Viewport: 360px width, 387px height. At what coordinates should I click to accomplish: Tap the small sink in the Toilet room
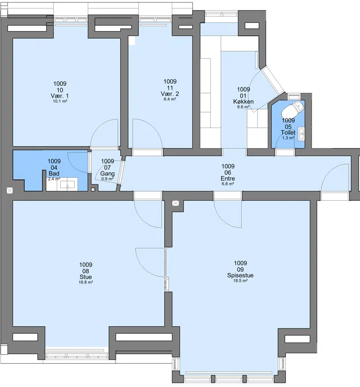point(301,134)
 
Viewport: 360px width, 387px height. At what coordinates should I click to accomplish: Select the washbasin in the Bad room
point(67,184)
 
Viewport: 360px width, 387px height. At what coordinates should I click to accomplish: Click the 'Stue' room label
point(85,277)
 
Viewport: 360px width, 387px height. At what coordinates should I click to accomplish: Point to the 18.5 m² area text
point(240,281)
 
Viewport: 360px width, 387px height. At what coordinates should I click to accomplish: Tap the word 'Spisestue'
point(240,275)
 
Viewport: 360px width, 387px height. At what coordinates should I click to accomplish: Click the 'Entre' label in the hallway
point(228,179)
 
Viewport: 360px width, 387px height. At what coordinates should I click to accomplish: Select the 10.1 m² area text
point(60,101)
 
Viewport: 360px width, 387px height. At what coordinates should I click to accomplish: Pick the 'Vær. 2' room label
point(170,94)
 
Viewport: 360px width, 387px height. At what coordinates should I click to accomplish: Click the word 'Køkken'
point(243,101)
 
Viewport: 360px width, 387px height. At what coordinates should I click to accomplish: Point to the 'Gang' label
point(108,174)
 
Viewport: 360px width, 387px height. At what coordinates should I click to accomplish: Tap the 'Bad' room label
point(54,173)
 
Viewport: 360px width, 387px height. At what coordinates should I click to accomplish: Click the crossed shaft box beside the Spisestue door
point(175,203)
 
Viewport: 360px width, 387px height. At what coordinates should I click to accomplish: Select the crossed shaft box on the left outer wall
point(9,190)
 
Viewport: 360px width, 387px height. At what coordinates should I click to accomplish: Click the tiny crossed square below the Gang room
point(93,189)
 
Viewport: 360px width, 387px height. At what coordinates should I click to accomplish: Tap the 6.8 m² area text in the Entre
point(228,184)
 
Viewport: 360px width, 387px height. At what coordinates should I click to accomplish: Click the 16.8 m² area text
point(85,282)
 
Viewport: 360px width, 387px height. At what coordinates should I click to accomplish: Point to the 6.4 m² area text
point(170,99)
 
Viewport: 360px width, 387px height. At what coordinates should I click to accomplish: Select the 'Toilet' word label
point(288,133)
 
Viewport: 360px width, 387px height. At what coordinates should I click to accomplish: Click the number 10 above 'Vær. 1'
point(60,90)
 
